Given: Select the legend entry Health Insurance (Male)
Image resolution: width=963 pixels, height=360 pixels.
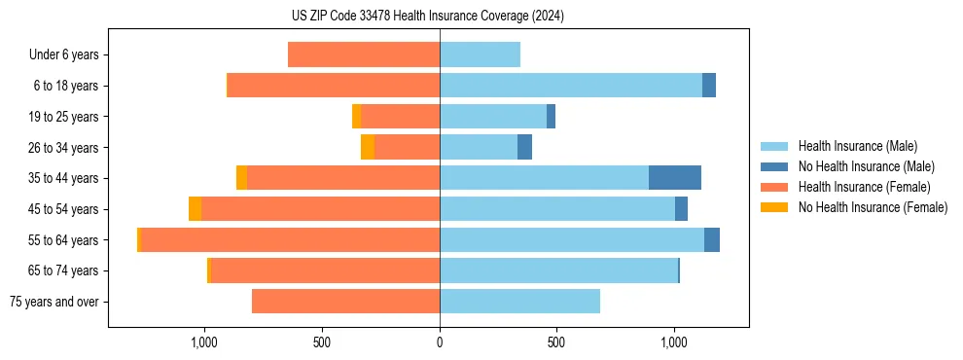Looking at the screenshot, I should pos(856,146).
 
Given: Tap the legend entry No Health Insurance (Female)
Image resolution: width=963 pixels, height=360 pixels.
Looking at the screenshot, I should pos(873,207).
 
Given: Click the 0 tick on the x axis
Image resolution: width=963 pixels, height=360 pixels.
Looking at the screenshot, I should pos(440,342).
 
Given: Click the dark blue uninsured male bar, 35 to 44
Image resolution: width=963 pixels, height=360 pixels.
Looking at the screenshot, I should pos(675,178).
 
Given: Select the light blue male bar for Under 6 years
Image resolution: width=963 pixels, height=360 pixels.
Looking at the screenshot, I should pos(480,55).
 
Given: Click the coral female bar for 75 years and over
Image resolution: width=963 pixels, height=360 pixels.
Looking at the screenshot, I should pos(345,302).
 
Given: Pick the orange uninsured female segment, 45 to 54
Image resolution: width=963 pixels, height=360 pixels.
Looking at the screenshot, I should pos(195,209).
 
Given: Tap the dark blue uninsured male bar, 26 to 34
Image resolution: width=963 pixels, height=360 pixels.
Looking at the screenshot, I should pos(524,147).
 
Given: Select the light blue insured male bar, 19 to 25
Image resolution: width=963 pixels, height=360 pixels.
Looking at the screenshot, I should pos(492,117).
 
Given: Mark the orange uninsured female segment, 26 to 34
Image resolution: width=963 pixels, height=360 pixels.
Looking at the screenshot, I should pos(368,147).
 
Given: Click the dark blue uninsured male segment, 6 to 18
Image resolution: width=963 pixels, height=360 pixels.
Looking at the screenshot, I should pos(709,86).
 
